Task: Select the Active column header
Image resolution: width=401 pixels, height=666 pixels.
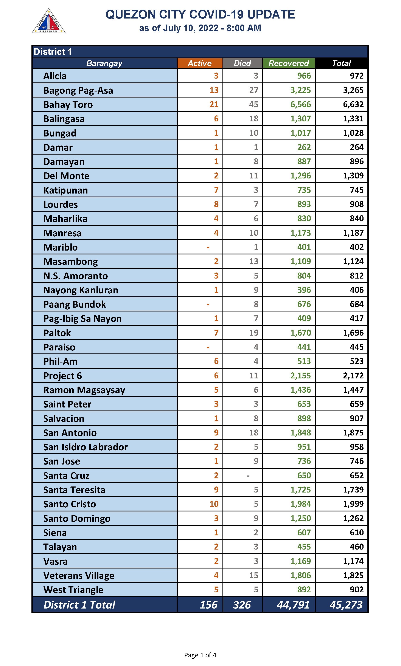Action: [x=200, y=63]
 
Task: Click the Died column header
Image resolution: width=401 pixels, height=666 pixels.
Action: [x=242, y=63]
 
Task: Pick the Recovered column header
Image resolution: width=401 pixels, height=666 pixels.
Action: [x=289, y=63]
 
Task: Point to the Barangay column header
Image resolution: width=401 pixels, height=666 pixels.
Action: [x=104, y=63]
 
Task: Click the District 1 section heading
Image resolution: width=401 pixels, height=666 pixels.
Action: [x=53, y=52]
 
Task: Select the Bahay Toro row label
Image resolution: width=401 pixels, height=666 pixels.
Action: [x=68, y=105]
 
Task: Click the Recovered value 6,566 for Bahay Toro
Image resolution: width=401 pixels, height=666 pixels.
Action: [x=300, y=105]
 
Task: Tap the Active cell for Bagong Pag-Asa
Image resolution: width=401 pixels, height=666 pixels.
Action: [x=214, y=90]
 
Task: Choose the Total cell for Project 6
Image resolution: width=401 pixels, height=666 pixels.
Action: [x=353, y=375]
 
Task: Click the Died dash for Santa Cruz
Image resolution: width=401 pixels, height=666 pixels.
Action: [x=247, y=475]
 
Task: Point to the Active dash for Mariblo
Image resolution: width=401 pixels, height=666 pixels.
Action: [x=208, y=247]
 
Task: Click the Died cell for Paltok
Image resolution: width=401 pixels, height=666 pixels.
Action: [x=253, y=333]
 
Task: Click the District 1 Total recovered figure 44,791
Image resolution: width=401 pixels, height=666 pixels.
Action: [x=293, y=605]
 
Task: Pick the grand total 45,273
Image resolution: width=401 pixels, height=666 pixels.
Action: [x=346, y=605]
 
